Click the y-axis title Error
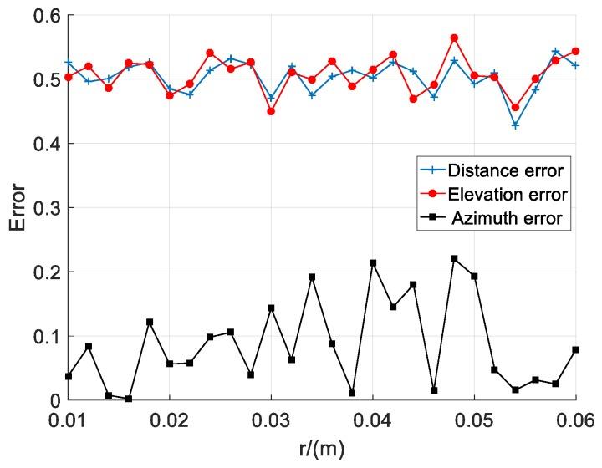pyautogui.click(x=18, y=207)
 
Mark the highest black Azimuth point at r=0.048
pyautogui.click(x=454, y=259)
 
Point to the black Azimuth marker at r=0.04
pyautogui.click(x=373, y=263)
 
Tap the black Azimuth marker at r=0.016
pyautogui.click(x=129, y=399)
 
